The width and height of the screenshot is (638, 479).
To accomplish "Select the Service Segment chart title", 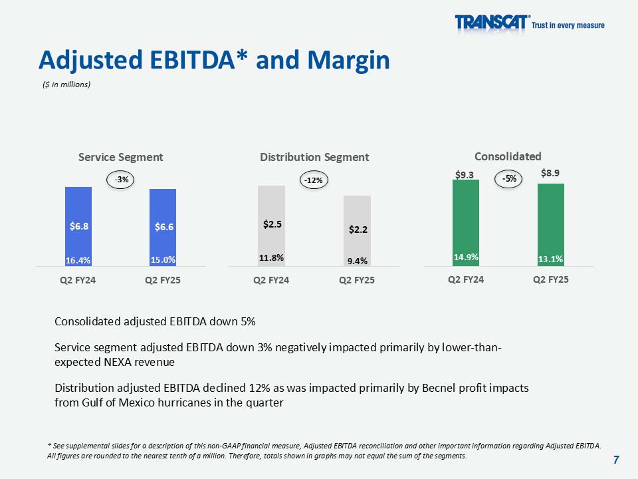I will click(120, 157).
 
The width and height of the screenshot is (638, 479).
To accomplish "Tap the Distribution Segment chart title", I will click(314, 157).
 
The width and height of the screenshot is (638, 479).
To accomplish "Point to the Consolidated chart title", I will click(508, 156).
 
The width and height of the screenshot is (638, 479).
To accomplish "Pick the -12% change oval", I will click(314, 180).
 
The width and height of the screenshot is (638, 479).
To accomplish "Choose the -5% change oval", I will click(508, 178).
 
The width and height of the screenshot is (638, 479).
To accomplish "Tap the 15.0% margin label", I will click(163, 259).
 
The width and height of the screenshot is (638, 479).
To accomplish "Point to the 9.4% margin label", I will click(358, 261).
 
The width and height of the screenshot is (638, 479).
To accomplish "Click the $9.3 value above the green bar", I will click(465, 174).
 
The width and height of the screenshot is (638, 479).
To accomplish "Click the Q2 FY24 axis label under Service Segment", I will click(78, 280).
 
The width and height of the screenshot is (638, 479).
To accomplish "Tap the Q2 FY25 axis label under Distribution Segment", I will click(357, 280).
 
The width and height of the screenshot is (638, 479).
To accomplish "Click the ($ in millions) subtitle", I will click(66, 84).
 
